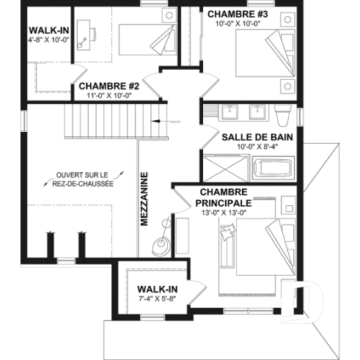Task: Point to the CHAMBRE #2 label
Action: (x=109, y=87)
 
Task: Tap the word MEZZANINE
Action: (x=145, y=198)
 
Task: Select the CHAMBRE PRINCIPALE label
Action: (x=224, y=196)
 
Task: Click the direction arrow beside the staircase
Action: (x=163, y=122)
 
